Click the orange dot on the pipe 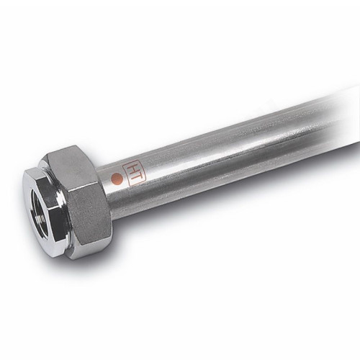(117, 176)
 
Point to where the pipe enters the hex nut (104, 189)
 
